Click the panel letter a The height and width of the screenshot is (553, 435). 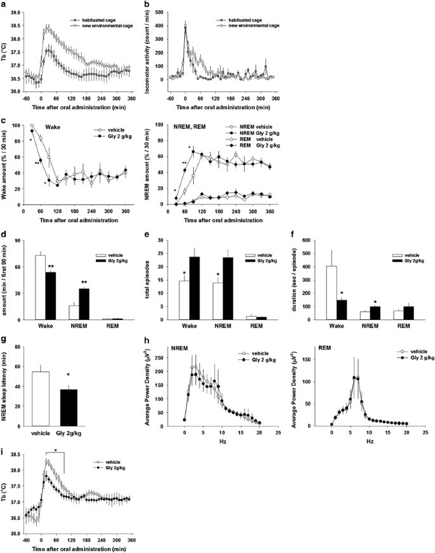4,5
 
